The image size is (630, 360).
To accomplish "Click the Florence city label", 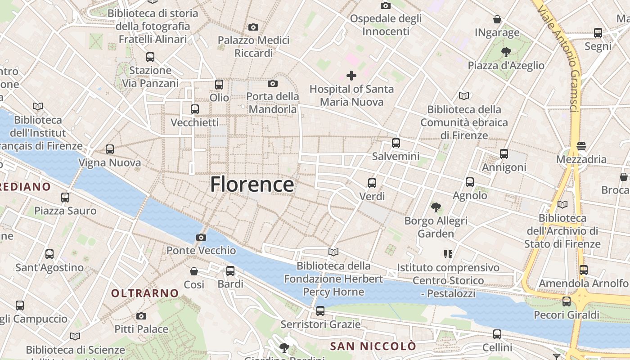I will tap(252, 184).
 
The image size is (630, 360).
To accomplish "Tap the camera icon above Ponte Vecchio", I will tap(201, 237).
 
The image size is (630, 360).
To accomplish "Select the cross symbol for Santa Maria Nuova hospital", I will tap(351, 76).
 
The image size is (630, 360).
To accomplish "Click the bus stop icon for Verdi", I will tap(372, 183).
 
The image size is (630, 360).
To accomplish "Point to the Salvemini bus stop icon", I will tap(396, 143).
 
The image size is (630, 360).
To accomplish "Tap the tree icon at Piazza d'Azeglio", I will tap(506, 52).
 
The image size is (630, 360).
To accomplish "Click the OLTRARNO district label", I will tap(145, 293).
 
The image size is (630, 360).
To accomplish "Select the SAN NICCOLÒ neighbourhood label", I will tap(373, 346).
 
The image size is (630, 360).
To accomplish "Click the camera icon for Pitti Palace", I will tap(141, 316).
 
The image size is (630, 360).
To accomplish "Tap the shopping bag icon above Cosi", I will tap(194, 271).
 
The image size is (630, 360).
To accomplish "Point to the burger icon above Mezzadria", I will tap(581, 146).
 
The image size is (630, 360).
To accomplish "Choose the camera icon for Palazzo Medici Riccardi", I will tap(253, 27).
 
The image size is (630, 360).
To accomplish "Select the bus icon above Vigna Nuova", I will tap(110, 149).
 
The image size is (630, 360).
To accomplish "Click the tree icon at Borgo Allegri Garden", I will tap(436, 207).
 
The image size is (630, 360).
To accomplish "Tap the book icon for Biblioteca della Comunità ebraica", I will tap(464, 96).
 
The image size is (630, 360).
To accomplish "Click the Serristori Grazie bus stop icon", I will tap(320, 311).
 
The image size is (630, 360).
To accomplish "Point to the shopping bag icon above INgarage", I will tap(497, 19).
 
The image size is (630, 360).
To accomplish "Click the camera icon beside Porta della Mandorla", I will tap(272, 83).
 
